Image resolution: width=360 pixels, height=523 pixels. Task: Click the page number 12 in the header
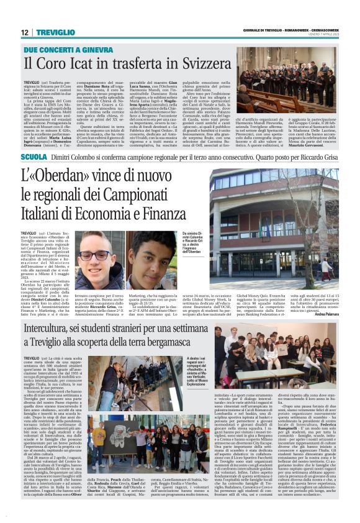pos(24,32)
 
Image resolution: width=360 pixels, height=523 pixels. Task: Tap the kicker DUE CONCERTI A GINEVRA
pos(61,50)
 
